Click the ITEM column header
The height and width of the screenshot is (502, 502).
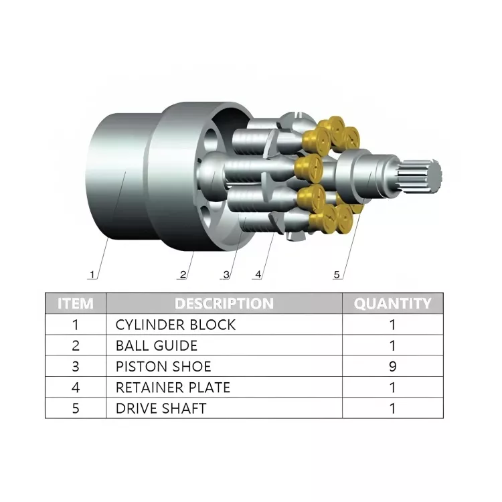pos(76,303)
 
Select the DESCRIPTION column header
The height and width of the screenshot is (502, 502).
pos(224,303)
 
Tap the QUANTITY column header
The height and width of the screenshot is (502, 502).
pos(392,303)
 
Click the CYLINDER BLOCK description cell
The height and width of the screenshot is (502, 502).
pos(175,325)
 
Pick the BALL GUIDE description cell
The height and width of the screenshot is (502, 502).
pos(157,345)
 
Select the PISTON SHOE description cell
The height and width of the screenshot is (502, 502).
pos(163,366)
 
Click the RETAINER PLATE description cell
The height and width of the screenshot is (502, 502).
pos(173,387)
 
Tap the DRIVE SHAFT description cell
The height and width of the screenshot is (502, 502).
pos(161,408)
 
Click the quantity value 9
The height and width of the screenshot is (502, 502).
pos(392,366)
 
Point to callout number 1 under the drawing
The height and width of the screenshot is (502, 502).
pos(93,274)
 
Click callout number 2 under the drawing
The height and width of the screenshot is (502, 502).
pos(182,274)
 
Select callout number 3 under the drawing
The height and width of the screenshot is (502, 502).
pos(226,274)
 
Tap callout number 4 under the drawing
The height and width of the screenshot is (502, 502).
pos(258,274)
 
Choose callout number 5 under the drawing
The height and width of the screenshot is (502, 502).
pos(337,274)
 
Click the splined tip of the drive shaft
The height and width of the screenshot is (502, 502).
pos(424,176)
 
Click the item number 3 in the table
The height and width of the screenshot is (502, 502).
pos(76,366)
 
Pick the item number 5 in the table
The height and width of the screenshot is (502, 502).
pos(76,408)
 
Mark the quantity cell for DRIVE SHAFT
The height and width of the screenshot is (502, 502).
pos(392,408)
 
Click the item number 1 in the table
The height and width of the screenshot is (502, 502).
pos(76,325)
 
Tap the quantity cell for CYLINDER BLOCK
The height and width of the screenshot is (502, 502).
pos(392,325)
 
